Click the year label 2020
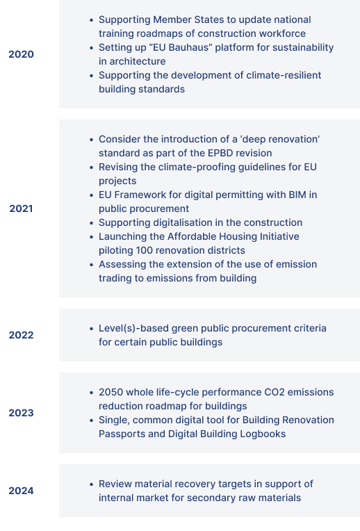coord(21,54)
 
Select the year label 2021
coord(21,209)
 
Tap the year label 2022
coord(21,335)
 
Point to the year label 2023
coord(21,413)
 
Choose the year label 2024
coord(21,491)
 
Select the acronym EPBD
coord(220,153)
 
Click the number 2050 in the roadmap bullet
coord(111,392)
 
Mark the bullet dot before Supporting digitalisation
coord(92,223)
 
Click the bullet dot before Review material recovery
coord(92,484)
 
